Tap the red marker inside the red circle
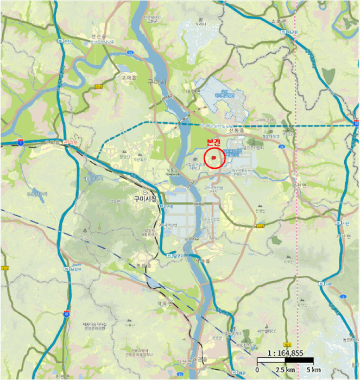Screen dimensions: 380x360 [x=214, y=158]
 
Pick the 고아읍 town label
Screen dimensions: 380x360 [x=129, y=78]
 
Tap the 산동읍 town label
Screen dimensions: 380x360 [x=238, y=131]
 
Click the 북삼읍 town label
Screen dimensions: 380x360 [x=142, y=265]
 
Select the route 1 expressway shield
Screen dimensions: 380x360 [x=20, y=142]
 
